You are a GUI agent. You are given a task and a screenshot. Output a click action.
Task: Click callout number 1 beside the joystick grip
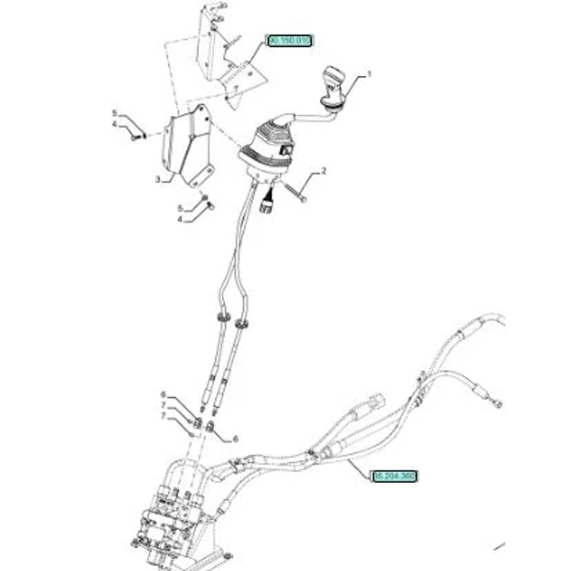coord(370,74)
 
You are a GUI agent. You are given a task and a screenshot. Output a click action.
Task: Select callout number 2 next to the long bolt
coord(324,172)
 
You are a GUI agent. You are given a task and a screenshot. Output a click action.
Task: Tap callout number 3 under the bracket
coord(158,179)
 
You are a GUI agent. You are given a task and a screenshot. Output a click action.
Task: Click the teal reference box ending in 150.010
coord(290,41)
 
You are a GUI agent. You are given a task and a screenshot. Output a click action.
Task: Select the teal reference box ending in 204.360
coord(394,476)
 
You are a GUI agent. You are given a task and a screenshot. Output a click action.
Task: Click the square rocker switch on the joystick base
coord(286,151)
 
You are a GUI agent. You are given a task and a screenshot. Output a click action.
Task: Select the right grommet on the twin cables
coord(242,323)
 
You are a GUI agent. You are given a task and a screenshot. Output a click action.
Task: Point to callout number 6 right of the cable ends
coord(236,439)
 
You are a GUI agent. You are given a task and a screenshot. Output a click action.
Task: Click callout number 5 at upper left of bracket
coord(114,113)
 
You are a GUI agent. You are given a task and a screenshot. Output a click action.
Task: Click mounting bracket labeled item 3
coord(186,146)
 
